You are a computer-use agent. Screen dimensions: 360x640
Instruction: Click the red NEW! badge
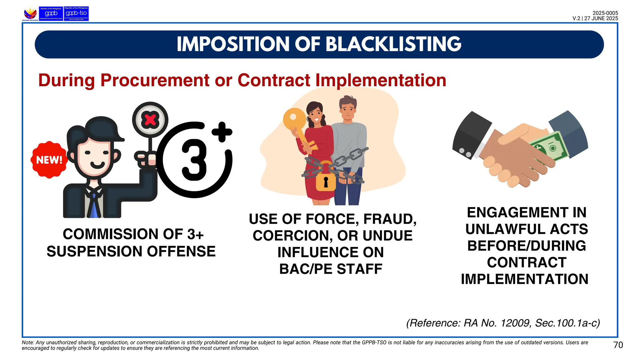(x=49, y=160)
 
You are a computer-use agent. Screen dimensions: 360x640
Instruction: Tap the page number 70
(x=618, y=345)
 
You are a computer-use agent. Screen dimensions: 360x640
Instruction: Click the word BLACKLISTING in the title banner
(x=393, y=44)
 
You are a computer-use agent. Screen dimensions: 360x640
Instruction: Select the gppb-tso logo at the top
(x=76, y=14)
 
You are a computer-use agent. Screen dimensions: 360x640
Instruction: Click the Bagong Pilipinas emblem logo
(x=30, y=14)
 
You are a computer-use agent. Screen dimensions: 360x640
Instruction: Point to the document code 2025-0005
(x=605, y=13)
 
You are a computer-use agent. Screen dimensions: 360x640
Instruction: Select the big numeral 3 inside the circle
(x=194, y=160)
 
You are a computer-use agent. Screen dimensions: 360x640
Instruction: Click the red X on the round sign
(x=150, y=120)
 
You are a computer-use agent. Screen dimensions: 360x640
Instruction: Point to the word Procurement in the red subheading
(x=155, y=80)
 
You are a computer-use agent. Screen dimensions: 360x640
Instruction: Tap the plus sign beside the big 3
(x=222, y=132)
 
